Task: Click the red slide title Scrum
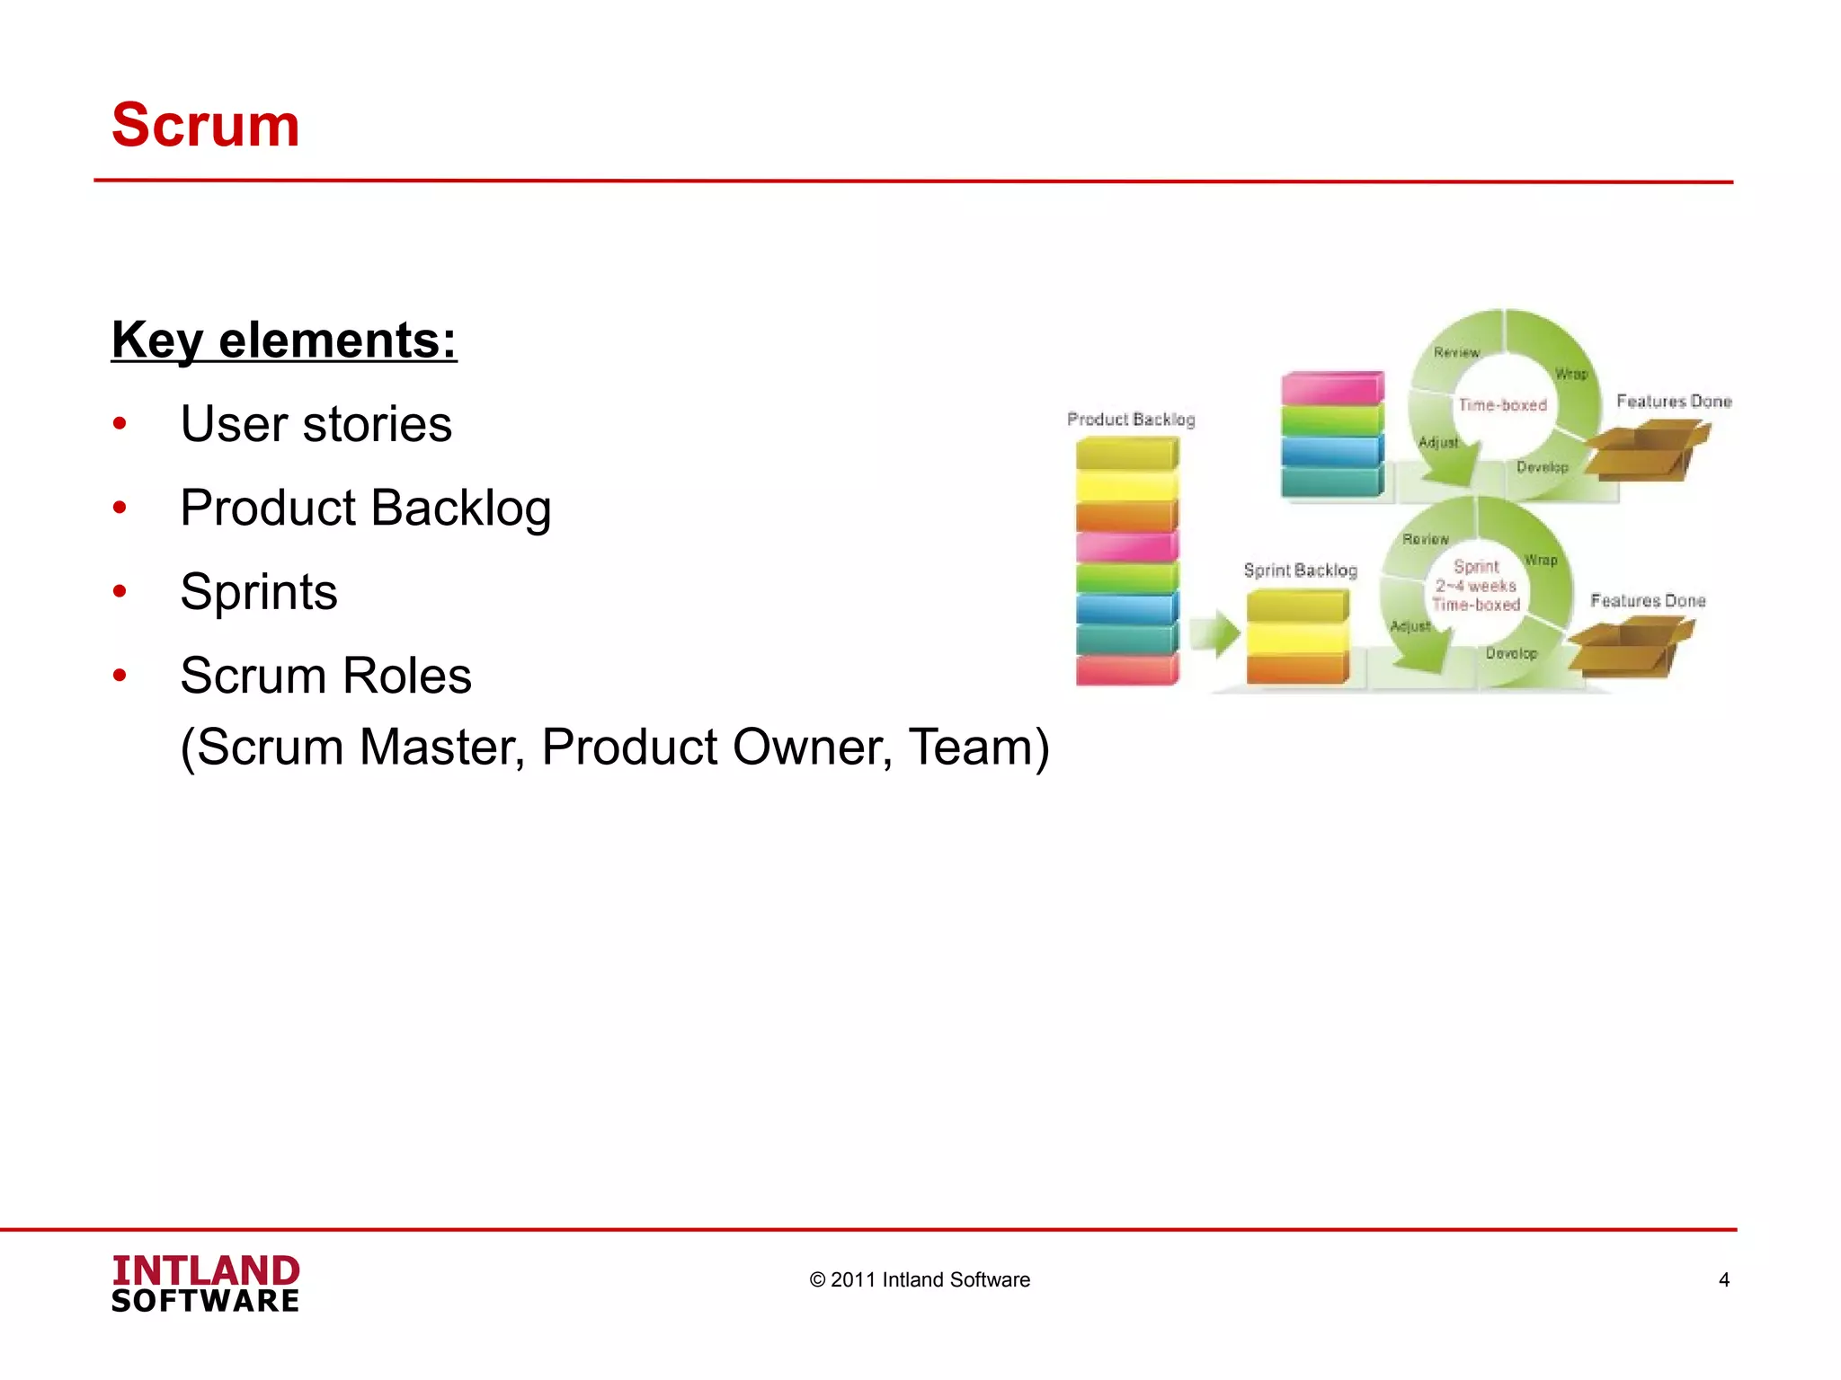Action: (x=205, y=125)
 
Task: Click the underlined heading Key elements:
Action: (x=284, y=341)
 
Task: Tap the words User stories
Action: (x=316, y=424)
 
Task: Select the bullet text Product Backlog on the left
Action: (x=365, y=508)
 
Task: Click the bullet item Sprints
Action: (x=259, y=592)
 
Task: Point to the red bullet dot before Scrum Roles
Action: (x=120, y=676)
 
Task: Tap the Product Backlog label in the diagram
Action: (x=1131, y=420)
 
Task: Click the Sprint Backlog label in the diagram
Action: (x=1300, y=571)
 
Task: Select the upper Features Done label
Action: (x=1674, y=402)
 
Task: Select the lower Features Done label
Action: (x=1648, y=601)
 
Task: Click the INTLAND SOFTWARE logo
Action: (x=206, y=1284)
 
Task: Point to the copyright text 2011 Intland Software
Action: (x=920, y=1280)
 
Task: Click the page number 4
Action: (x=1723, y=1280)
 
